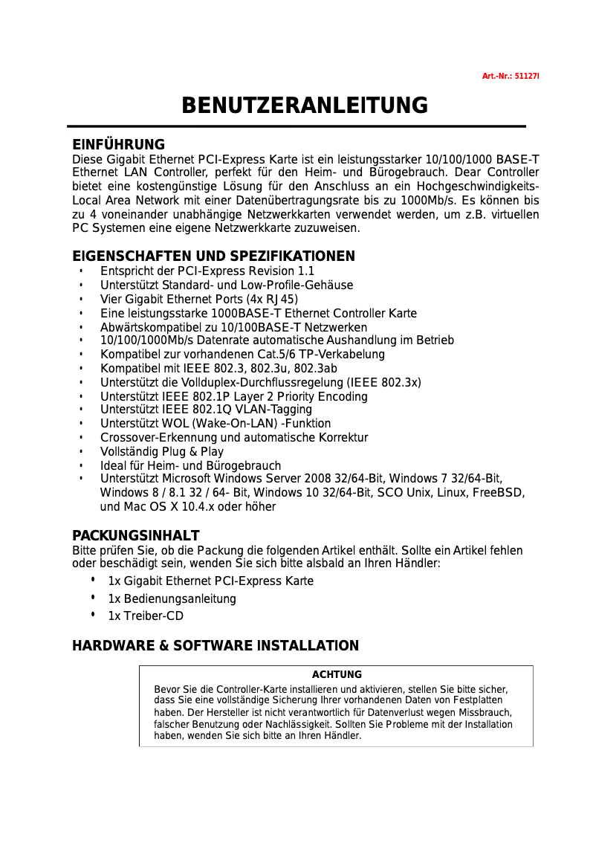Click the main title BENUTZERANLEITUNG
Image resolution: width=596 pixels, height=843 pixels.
[305, 106]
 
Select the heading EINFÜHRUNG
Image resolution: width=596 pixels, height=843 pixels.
[118, 144]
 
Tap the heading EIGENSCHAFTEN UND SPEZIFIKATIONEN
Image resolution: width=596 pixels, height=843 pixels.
[213, 256]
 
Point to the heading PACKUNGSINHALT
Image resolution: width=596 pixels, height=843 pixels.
[135, 536]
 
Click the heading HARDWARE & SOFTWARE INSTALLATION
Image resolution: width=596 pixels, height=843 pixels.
[216, 646]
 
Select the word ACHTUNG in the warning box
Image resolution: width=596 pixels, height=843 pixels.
[337, 675]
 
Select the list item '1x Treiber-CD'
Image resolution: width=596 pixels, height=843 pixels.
[146, 616]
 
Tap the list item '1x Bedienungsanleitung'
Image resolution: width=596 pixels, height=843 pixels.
[172, 599]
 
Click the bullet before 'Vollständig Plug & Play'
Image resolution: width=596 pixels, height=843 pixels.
[80, 452]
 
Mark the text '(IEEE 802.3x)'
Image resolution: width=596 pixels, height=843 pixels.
[384, 383]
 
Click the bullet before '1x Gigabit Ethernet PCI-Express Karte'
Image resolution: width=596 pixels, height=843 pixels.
[93, 580]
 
